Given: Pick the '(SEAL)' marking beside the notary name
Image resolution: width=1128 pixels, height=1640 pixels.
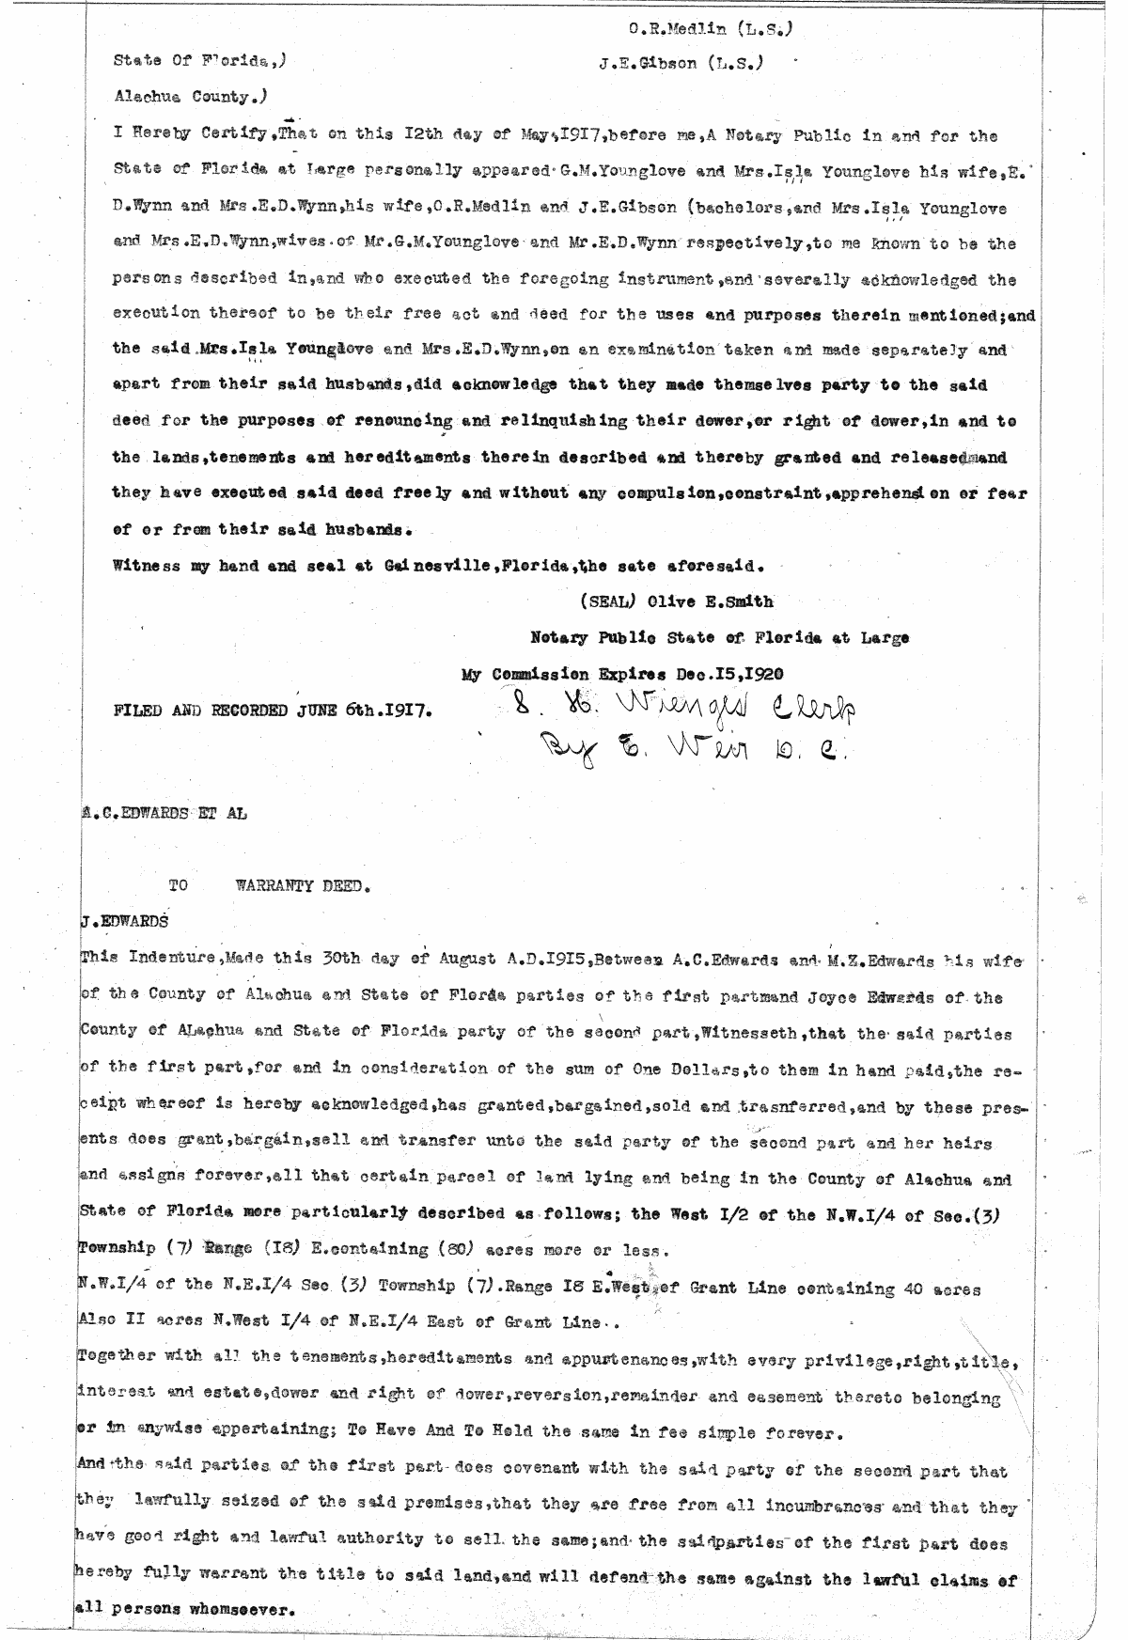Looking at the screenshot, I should coord(603,601).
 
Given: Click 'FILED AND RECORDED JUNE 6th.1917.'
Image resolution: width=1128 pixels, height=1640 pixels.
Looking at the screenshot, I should coord(274,711).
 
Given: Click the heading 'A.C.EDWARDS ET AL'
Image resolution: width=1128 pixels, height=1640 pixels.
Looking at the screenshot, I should coord(164,815).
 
